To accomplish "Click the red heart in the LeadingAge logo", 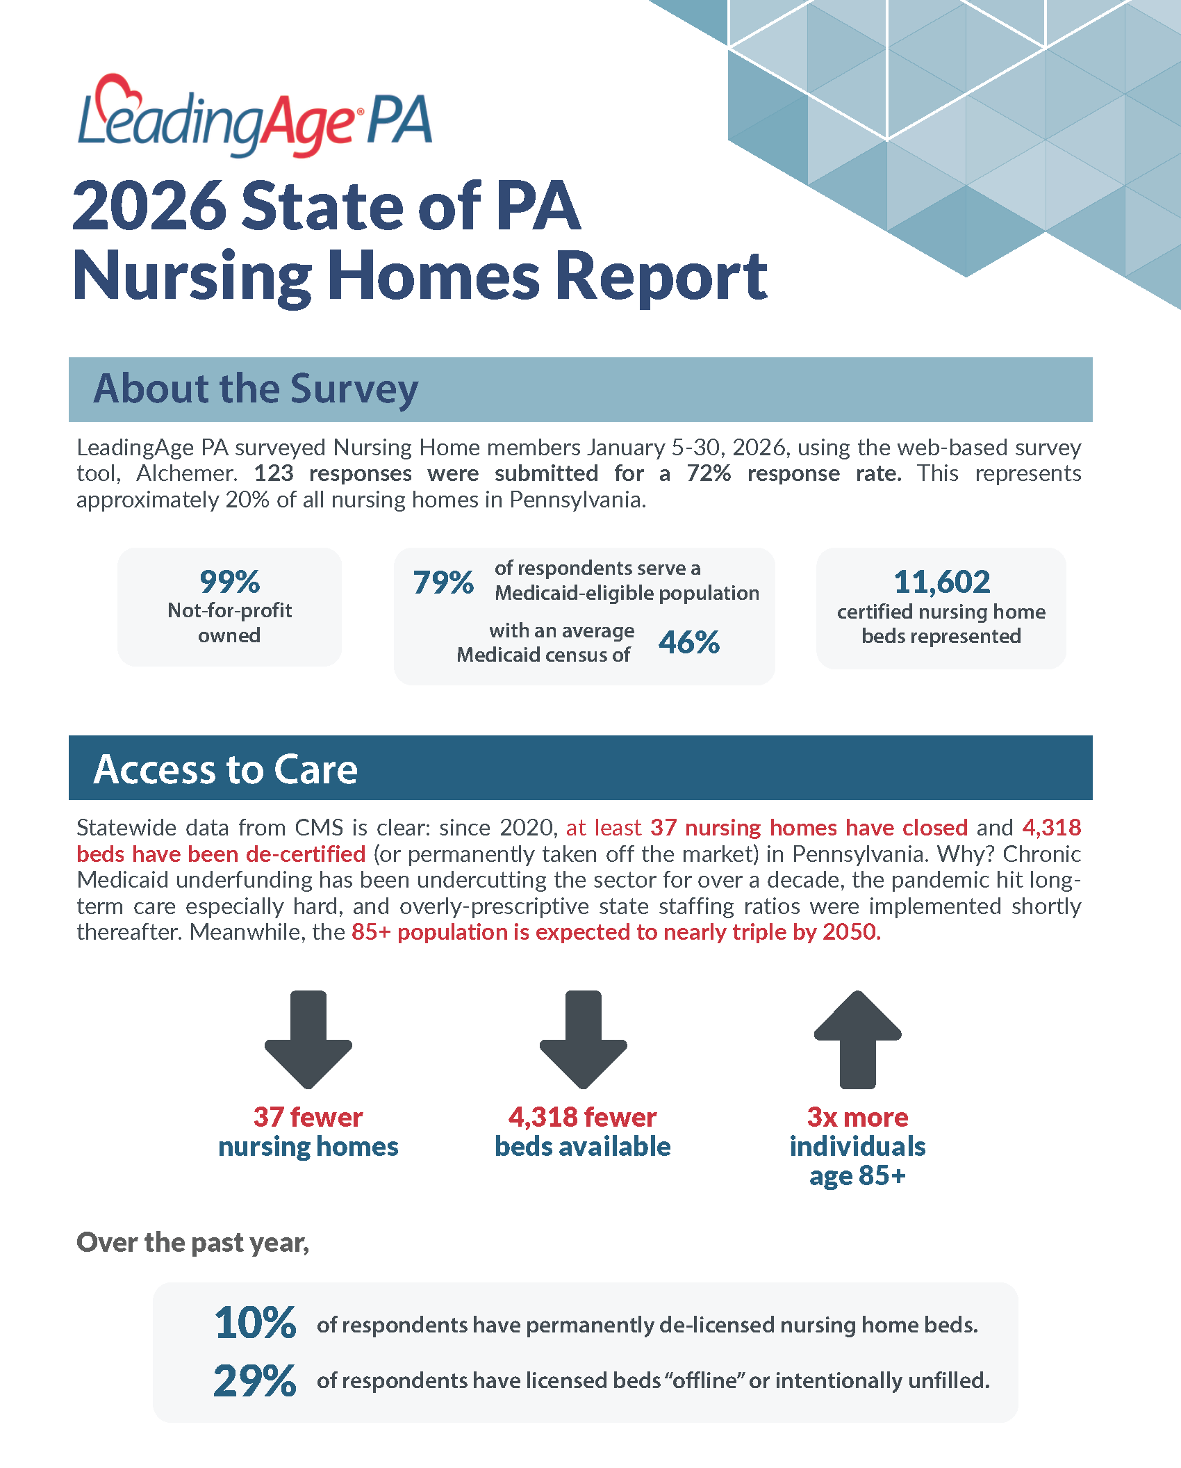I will tap(117, 91).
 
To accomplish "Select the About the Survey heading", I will tap(256, 389).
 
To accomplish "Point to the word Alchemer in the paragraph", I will tap(186, 473).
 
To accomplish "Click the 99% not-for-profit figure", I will tap(229, 582).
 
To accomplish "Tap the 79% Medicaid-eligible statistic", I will tap(443, 582).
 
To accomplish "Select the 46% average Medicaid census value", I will tap(688, 642).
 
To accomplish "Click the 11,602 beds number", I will tap(941, 582).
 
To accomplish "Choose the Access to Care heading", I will tap(226, 769).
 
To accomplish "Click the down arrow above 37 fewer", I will tap(308, 1038).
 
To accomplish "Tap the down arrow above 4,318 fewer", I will tap(583, 1038).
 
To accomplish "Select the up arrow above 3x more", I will tap(857, 1038).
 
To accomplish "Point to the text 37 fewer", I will tap(308, 1117).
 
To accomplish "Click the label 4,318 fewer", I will tap(582, 1117).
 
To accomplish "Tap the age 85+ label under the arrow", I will tap(857, 1175).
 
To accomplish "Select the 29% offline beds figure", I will tap(255, 1380).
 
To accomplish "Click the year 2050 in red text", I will tap(850, 931).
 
